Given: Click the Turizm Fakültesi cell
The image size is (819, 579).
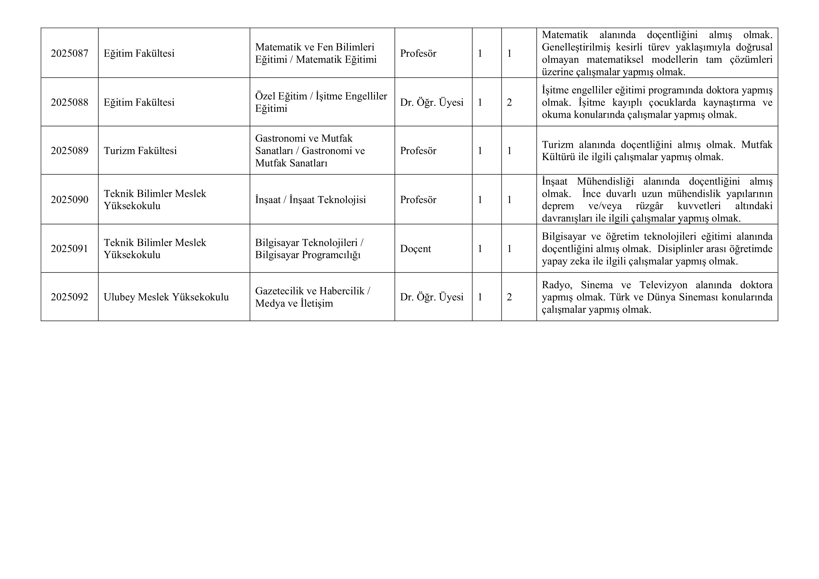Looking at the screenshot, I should tap(140, 151).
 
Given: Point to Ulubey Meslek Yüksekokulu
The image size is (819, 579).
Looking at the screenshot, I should tap(166, 297).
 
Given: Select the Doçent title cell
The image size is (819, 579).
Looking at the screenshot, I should tap(415, 249).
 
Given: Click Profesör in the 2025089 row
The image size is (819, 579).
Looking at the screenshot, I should tap(418, 151).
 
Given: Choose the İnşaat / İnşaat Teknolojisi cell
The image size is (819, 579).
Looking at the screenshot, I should tap(310, 200).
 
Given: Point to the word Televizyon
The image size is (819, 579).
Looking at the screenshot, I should tap(663, 285).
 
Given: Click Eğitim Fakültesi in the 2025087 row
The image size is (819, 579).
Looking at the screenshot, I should tap(139, 53).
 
